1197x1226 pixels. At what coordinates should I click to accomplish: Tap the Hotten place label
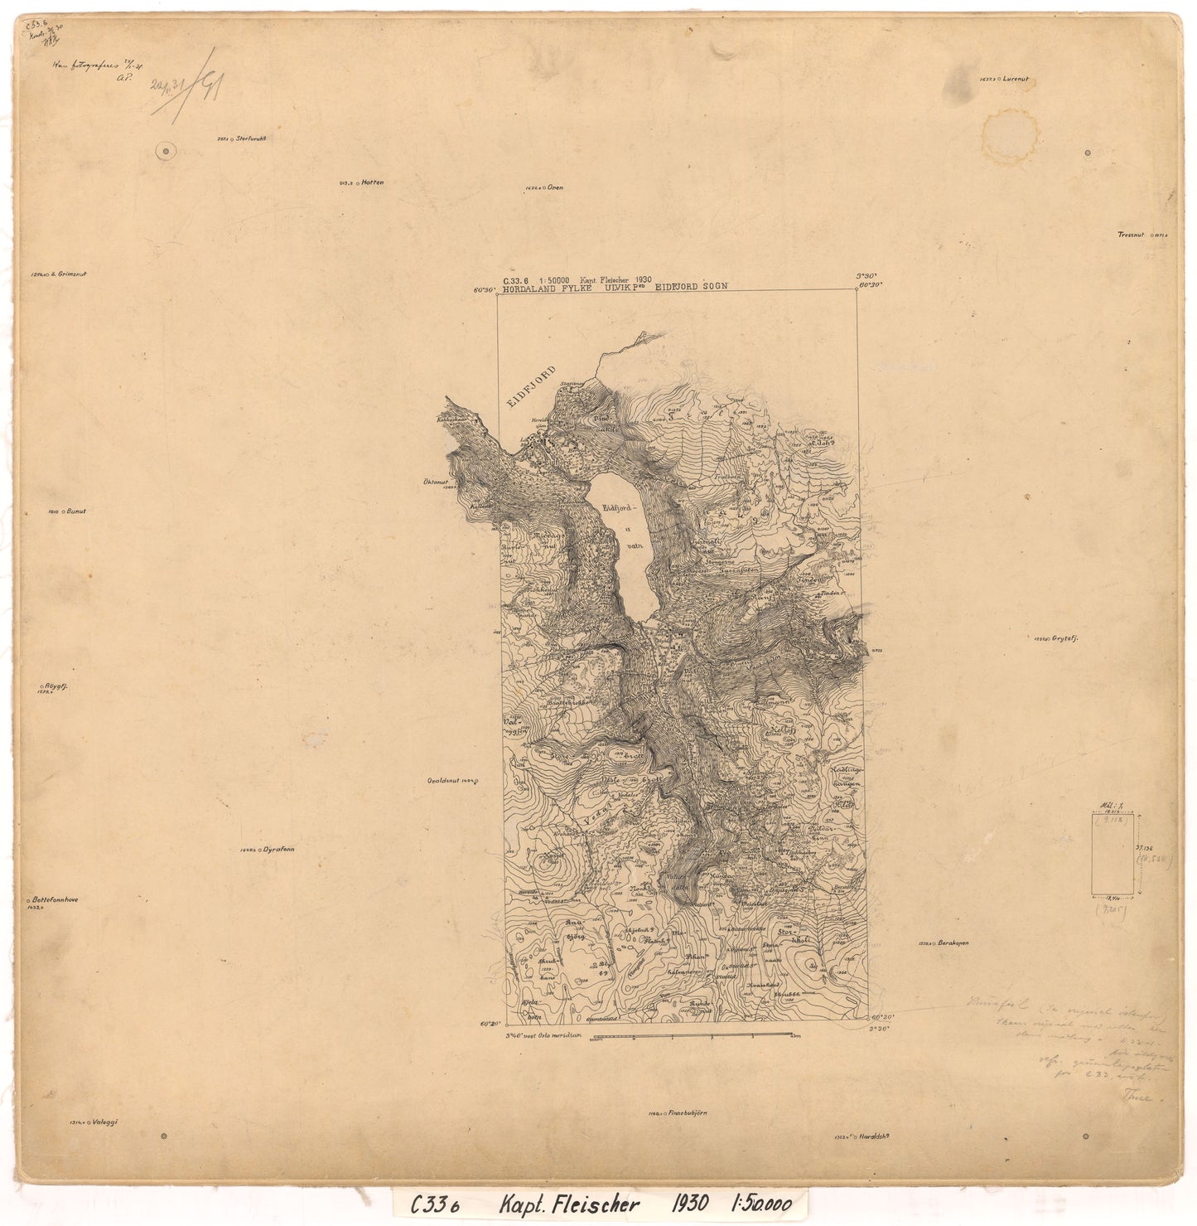coord(374,182)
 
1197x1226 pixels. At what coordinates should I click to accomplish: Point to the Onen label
coord(554,187)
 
